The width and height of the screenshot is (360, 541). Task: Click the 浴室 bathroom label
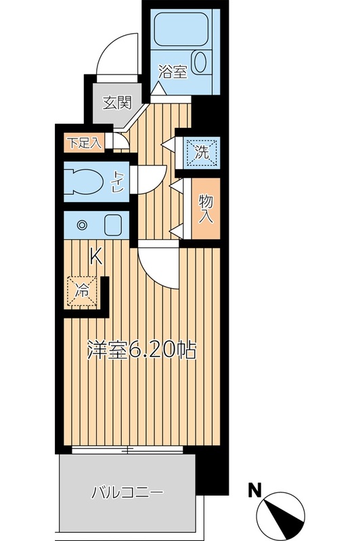point(173,72)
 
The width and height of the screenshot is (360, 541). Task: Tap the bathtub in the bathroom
point(181,29)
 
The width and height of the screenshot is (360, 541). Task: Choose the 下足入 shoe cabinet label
point(85,143)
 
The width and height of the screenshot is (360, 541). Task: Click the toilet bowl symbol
point(84,181)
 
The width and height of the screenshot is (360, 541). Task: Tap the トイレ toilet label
point(118,181)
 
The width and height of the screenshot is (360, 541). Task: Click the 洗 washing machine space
point(202,153)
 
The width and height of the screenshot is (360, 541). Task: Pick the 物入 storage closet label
point(206,209)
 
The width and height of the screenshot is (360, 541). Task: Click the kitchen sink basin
point(112,225)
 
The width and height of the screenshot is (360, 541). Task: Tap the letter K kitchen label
point(96,258)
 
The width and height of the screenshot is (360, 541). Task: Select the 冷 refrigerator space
point(83,291)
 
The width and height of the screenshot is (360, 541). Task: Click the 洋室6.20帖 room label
point(141,350)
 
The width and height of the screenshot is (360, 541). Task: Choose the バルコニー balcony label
point(127,493)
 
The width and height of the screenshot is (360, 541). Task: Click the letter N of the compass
point(255,490)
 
